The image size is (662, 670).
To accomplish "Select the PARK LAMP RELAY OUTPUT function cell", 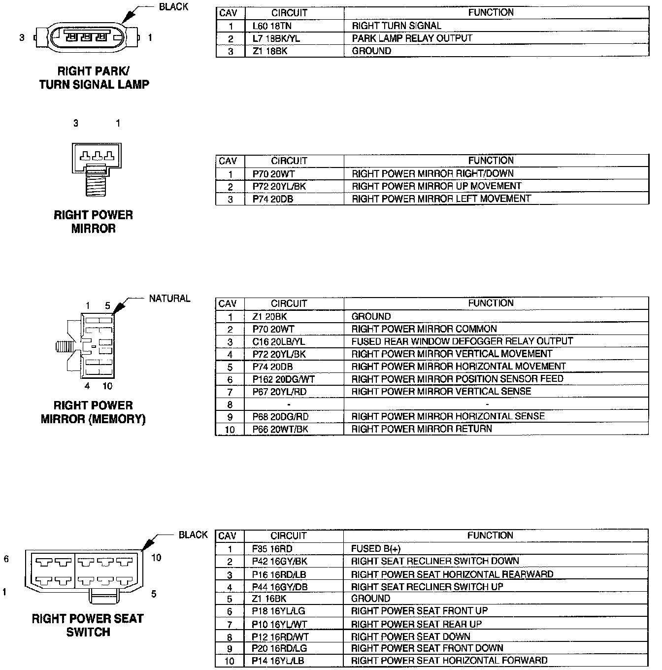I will tap(412, 38).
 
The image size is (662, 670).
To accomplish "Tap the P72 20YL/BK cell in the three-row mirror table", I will tap(279, 186).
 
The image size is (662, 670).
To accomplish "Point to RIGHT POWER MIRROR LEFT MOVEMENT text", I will tap(441, 199).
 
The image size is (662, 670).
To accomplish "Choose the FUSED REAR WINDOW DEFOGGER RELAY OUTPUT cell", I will tap(462, 341).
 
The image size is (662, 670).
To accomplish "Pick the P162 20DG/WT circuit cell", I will tap(283, 379).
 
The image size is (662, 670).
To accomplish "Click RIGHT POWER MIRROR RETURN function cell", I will tap(422, 429).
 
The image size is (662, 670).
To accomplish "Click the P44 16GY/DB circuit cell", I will tap(279, 587).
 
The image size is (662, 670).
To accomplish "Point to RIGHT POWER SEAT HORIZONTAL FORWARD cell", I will tap(449, 660).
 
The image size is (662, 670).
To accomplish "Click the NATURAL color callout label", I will tap(169, 299).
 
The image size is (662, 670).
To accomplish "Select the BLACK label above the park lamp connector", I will tap(173, 7).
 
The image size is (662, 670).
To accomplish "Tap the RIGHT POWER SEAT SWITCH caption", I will tap(88, 625).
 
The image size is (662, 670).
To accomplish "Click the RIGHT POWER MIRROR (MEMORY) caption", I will tap(93, 412).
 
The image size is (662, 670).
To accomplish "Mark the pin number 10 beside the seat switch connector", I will tap(156, 558).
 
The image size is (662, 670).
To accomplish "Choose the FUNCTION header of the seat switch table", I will tap(490, 536).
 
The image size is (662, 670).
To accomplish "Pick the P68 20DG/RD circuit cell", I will tap(280, 416).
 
